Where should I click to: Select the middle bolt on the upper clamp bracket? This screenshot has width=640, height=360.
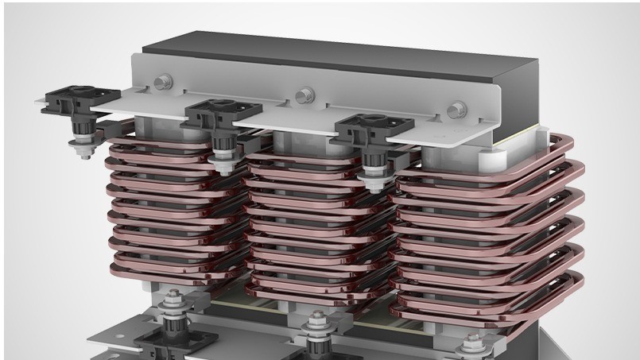303,95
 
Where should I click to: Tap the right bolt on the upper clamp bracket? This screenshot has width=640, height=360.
457,110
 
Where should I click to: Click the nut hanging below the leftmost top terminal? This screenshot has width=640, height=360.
81,148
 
